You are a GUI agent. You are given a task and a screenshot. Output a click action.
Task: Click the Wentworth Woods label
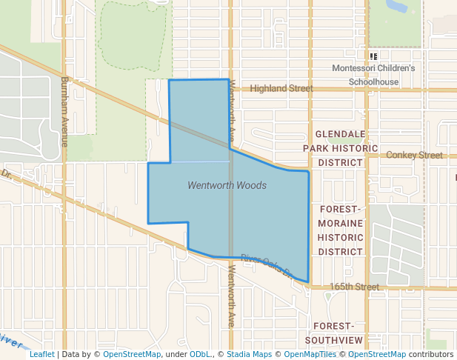[x=227, y=185]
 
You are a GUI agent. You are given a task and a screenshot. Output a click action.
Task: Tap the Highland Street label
[x=281, y=89]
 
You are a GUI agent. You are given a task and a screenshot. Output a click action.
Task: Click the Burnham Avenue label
[x=65, y=111]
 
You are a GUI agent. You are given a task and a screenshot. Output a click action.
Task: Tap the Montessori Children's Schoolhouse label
[x=374, y=75]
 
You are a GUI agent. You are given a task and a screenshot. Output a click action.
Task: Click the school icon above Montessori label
[x=374, y=56]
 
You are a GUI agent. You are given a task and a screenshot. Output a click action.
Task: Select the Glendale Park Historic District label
[x=340, y=148]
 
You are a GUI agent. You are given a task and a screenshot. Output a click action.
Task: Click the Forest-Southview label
[x=338, y=333]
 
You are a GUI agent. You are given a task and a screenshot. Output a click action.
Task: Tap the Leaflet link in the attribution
[x=41, y=355]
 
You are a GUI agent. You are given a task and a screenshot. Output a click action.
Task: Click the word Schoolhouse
[x=374, y=81]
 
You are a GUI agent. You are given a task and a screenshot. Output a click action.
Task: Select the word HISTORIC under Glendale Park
[x=340, y=148]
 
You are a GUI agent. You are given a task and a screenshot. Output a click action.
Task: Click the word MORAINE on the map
[x=341, y=223]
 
